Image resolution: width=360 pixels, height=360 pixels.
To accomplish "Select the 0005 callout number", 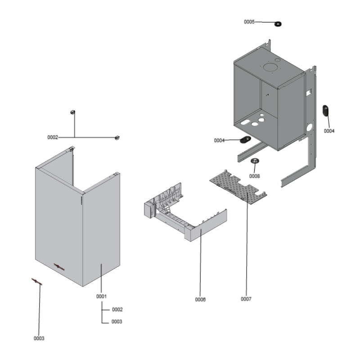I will tap(249, 22).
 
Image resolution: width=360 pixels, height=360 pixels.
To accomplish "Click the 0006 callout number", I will tap(200, 299).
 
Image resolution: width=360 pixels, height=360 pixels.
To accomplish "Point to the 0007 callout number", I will tap(246, 299).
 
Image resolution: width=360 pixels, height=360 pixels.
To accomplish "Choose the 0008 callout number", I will tap(254, 176).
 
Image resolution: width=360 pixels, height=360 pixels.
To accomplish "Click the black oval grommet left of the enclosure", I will tap(246, 139).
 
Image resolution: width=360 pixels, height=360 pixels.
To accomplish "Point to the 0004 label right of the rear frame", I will tap(329, 131).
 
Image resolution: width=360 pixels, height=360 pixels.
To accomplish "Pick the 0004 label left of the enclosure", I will tap(219, 140).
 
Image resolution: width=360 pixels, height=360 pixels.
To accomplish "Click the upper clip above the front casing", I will tap(72, 112).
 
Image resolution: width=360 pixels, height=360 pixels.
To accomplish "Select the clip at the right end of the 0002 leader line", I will tap(118, 137).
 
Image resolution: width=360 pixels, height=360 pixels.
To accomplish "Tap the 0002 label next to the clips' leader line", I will tap(53, 137).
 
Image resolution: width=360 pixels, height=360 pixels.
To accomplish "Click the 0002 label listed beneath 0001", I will tap(117, 310).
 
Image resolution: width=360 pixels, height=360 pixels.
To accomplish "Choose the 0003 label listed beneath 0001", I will tap(117, 322).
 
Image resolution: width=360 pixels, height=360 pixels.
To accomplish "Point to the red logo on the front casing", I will tap(59, 266).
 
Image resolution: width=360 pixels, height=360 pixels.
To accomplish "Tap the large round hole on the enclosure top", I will tap(271, 67).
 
